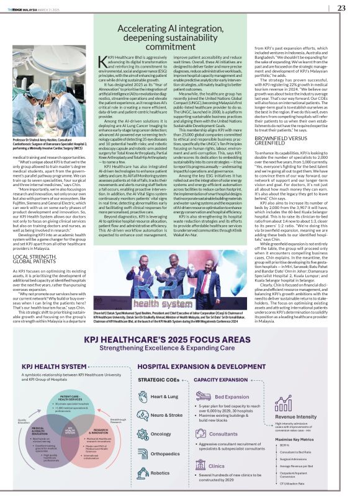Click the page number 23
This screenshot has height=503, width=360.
[x=341, y=7]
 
